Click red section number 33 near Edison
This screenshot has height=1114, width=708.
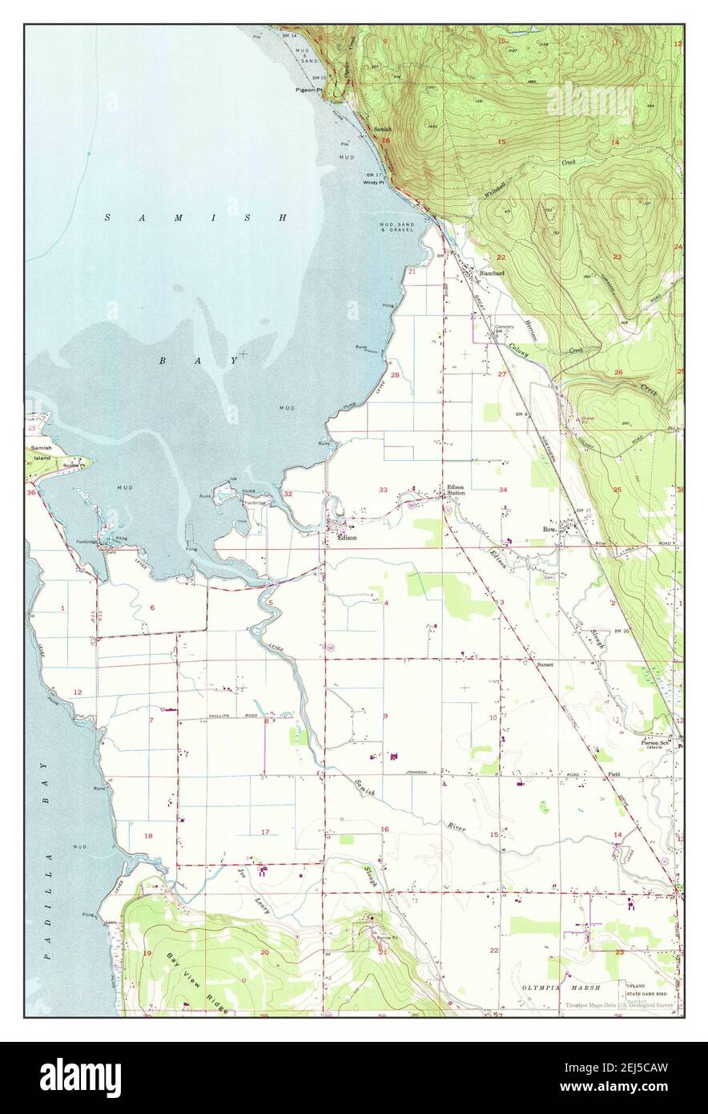click(x=384, y=489)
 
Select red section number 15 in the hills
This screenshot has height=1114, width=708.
click(x=501, y=142)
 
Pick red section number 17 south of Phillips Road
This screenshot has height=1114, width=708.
click(x=265, y=832)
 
